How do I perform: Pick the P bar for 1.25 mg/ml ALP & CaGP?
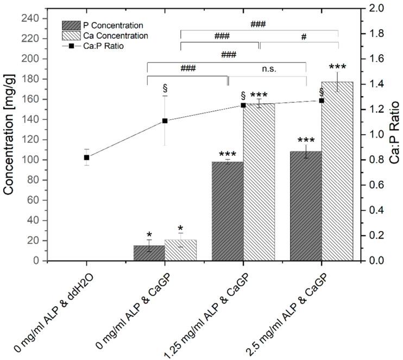tap(228, 212)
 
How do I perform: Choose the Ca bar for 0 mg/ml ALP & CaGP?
tap(180, 251)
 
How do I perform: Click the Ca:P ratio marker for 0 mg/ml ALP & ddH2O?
tap(86, 157)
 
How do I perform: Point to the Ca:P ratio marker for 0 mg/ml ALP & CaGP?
tap(165, 121)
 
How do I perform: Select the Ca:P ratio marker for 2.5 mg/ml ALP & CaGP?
tap(322, 100)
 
